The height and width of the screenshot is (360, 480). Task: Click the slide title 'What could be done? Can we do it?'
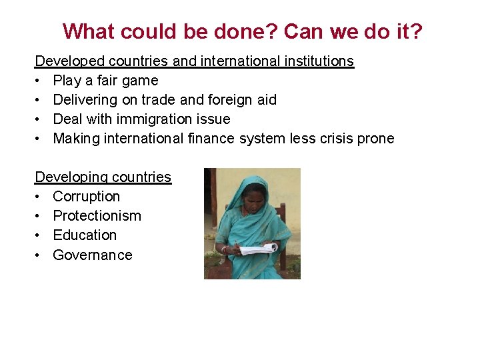pos(243,31)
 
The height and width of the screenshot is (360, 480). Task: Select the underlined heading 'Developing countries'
pos(103,177)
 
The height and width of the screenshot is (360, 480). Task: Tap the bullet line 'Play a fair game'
pos(105,81)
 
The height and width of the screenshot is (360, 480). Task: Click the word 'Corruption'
pos(86,197)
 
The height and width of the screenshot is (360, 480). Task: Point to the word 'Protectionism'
pos(97,216)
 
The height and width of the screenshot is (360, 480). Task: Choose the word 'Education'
pos(85,235)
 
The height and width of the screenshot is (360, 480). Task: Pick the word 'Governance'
pos(92,255)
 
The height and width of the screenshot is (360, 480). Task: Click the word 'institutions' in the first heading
pos(315,61)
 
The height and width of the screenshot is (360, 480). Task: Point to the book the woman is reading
pos(257,249)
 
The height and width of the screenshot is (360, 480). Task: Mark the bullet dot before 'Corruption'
pos(38,197)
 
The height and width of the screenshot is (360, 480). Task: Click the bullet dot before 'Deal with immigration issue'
pos(38,119)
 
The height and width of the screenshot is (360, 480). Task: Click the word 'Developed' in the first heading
pos(69,61)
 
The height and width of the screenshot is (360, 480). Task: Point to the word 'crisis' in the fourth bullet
pos(333,139)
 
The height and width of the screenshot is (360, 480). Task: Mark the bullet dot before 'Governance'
pos(38,255)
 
